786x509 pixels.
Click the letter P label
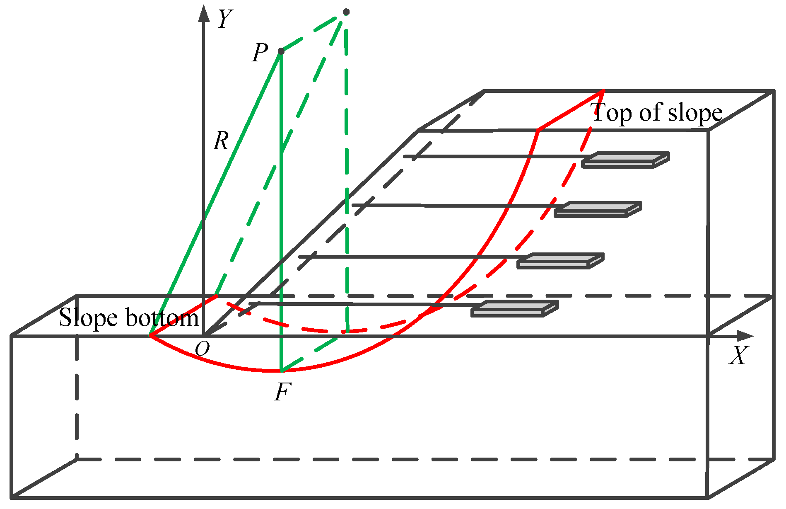[260, 53]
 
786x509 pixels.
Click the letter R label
[221, 141]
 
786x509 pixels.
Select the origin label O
[202, 349]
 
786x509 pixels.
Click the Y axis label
[225, 19]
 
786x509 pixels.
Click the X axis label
[738, 356]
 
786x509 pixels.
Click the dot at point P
[281, 51]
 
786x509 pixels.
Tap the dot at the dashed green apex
[346, 12]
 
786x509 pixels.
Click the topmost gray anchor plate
[625, 160]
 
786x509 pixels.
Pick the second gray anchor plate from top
[598, 209]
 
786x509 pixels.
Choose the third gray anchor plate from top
[560, 261]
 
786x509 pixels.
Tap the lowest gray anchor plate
[515, 309]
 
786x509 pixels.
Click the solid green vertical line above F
[281, 207]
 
